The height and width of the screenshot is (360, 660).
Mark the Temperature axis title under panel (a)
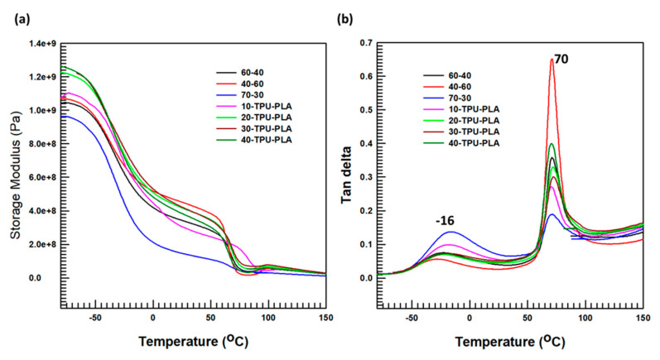(189, 339)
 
